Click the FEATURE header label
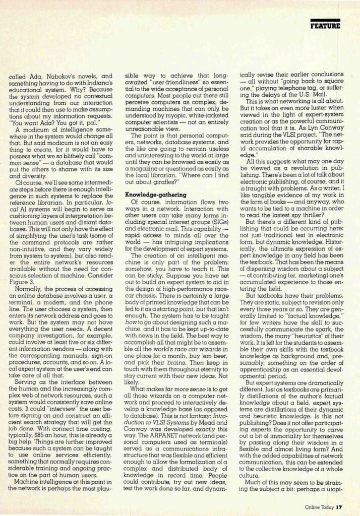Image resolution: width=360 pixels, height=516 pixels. (x=325, y=25)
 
